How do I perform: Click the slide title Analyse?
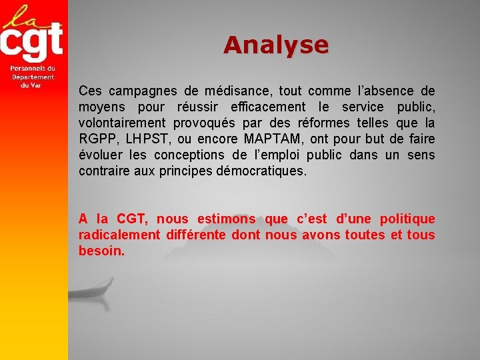click(276, 45)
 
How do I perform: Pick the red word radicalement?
click(119, 235)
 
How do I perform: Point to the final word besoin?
click(101, 251)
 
